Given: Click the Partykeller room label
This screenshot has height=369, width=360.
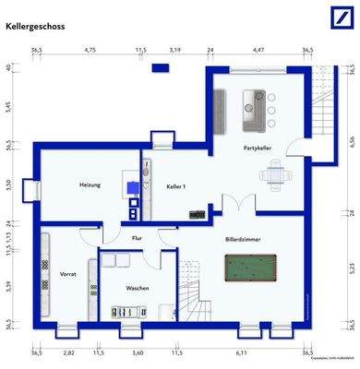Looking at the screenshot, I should pos(258,148).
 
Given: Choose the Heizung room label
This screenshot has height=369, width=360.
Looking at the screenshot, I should pos(90,185).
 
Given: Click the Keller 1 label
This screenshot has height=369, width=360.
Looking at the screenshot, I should pos(176,187).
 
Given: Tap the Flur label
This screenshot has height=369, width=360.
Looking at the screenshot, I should pos(137,238).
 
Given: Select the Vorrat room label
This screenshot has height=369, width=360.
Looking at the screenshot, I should pos(67,275).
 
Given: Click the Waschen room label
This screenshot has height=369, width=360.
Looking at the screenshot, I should pos(138,288).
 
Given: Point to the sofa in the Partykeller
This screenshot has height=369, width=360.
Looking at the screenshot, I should pos(250,113).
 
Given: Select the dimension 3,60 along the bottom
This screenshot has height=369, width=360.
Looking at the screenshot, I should pos(138,352).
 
